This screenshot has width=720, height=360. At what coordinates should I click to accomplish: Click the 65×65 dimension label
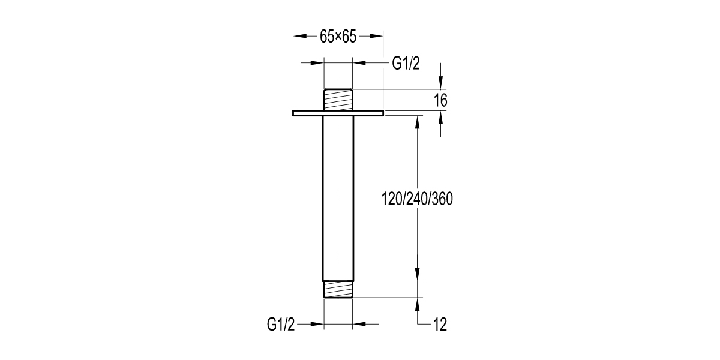click(x=338, y=37)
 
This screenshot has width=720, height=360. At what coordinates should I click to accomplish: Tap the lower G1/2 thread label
click(x=281, y=325)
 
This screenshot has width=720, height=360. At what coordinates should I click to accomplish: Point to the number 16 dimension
click(x=440, y=101)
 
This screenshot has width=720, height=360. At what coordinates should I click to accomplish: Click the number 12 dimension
click(x=439, y=325)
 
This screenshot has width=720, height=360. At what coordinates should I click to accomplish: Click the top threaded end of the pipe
click(x=338, y=99)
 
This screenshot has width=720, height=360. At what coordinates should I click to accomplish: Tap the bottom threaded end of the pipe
click(x=338, y=289)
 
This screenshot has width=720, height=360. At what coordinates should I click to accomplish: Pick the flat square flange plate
click(x=338, y=113)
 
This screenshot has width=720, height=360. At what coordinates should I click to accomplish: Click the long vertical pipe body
click(x=338, y=198)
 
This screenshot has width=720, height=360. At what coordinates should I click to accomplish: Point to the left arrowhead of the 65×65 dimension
click(x=299, y=35)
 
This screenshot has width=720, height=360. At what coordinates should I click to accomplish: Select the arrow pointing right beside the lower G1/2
click(x=317, y=325)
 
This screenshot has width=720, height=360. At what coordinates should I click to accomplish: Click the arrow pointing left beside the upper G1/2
click(x=359, y=62)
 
